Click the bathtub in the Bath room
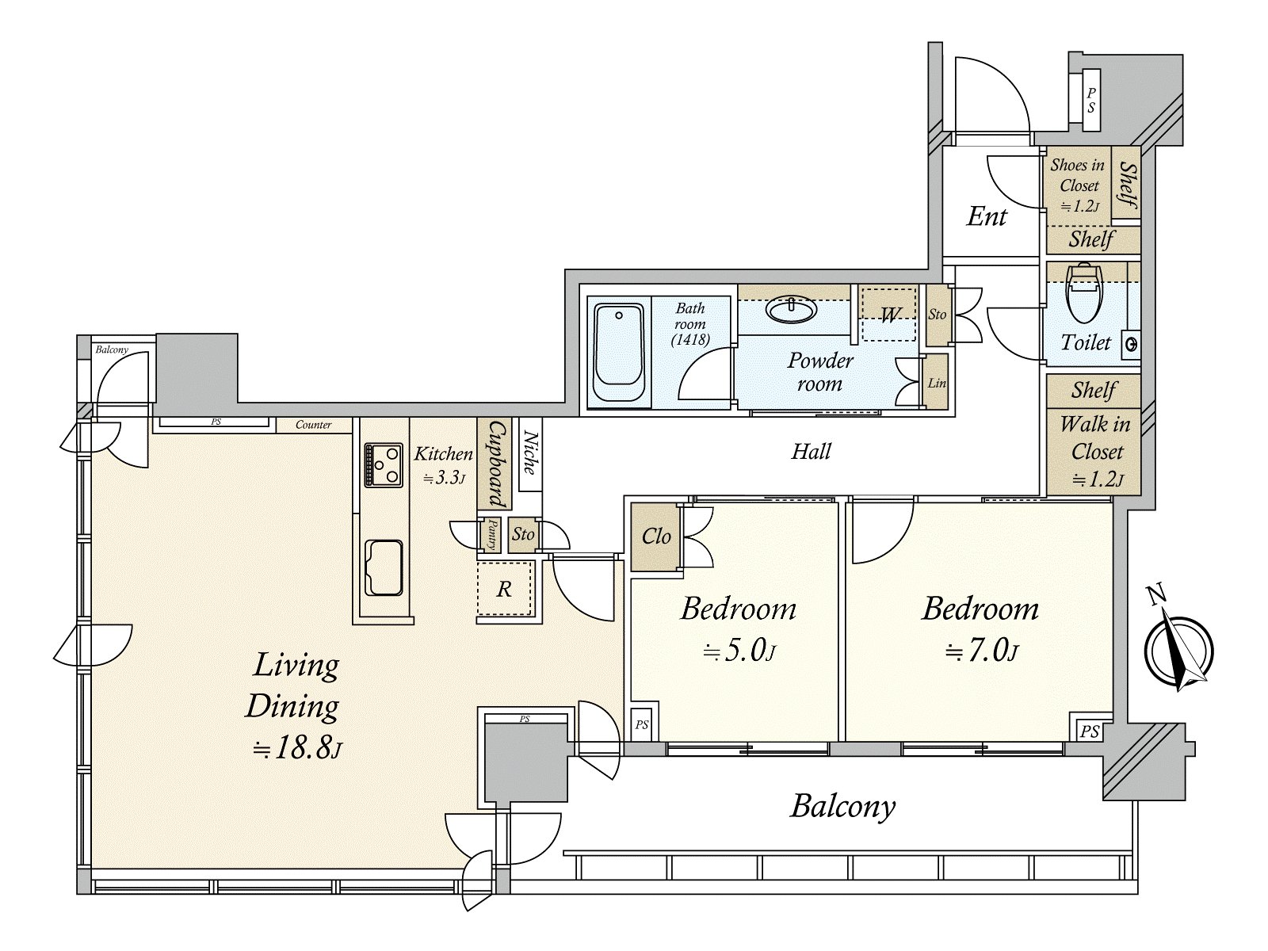619,353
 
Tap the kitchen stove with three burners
383,465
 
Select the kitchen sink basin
384,567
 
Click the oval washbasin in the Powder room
792,309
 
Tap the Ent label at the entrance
987,216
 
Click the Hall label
811,451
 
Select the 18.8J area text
297,748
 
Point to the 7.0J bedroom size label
981,652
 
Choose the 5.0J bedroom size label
739,652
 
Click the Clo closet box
655,537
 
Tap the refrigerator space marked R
504,589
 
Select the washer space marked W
889,314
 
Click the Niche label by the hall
529,453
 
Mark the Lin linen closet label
937,383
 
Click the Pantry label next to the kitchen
491,535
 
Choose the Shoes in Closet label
1077,185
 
